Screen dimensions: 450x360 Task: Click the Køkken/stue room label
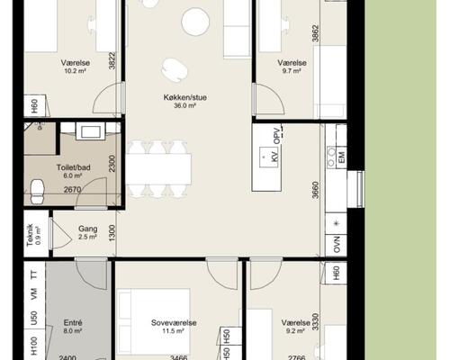(184, 97)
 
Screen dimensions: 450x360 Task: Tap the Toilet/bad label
(74, 167)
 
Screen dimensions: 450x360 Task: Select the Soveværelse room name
(174, 323)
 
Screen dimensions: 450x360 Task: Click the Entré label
(73, 323)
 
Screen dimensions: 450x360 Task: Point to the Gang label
(87, 229)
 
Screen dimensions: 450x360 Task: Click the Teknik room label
(30, 236)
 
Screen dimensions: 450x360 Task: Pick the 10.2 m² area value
(75, 71)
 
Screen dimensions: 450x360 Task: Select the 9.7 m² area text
(292, 71)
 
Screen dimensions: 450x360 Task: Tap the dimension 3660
(315, 190)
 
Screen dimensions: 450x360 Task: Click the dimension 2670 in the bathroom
(72, 190)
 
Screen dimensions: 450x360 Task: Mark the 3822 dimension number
(112, 60)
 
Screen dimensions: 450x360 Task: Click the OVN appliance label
(337, 245)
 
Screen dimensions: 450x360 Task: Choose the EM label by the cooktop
(341, 157)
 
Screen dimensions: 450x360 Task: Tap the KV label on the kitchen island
(274, 156)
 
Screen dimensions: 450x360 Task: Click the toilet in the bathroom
(38, 192)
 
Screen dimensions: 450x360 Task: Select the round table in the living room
(195, 22)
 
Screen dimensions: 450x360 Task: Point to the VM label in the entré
(34, 294)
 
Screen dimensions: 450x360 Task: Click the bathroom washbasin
(91, 131)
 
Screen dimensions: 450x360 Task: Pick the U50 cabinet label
(34, 318)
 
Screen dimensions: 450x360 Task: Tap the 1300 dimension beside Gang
(112, 233)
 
